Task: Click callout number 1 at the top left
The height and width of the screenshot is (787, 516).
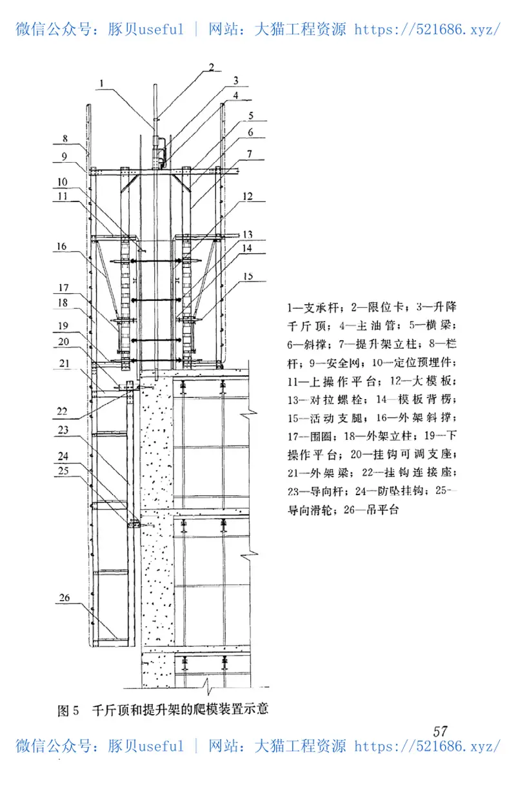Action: (x=101, y=82)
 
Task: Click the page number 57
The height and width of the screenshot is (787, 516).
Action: (x=441, y=731)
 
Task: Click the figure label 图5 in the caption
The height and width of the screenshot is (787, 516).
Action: (x=68, y=711)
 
